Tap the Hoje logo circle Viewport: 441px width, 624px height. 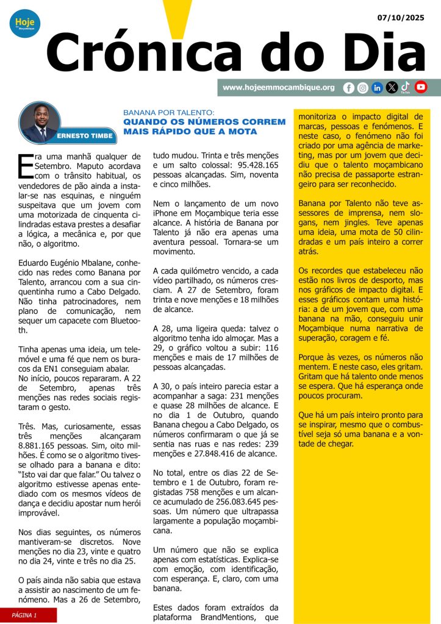[24, 24]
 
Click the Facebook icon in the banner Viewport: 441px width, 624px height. [348, 88]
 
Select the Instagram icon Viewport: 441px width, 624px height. [362, 88]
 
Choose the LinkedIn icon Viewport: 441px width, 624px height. [377, 88]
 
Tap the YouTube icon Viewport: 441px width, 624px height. [421, 87]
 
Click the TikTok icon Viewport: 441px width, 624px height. [406, 87]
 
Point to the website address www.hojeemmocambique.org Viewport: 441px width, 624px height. [278, 88]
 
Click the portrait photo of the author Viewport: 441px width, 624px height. [39, 122]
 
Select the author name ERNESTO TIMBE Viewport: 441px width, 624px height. [85, 136]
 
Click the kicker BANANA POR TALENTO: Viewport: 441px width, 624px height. [169, 113]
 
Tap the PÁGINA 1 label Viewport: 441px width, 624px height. [24, 615]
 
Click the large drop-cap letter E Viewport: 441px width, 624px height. [25, 166]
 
